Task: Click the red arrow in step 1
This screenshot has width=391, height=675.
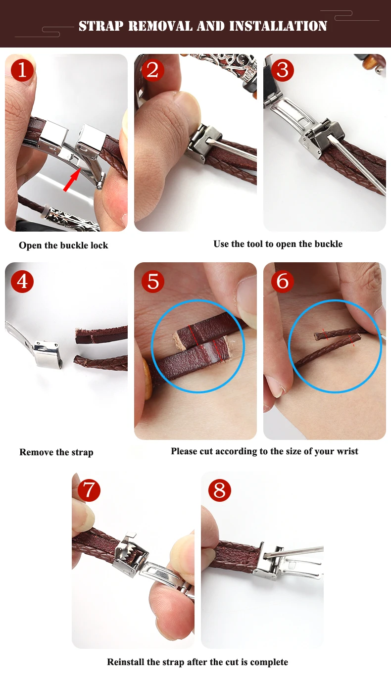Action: click(72, 180)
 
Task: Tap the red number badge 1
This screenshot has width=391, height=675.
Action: click(22, 70)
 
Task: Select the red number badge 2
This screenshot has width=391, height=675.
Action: click(153, 70)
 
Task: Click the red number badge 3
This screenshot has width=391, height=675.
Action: click(283, 70)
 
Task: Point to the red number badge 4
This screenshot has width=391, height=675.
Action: click(22, 282)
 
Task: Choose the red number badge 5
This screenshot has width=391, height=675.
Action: click(153, 282)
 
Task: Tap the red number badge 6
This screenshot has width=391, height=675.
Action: click(283, 282)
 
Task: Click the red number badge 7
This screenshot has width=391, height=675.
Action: click(89, 490)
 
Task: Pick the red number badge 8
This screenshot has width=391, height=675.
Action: click(219, 490)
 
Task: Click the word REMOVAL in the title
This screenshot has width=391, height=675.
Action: click(160, 26)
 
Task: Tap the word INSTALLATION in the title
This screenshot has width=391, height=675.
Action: click(278, 26)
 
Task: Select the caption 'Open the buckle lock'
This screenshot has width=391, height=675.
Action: click(63, 245)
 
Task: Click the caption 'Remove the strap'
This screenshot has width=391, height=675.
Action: click(56, 452)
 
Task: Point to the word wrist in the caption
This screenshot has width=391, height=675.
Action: click(347, 451)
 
